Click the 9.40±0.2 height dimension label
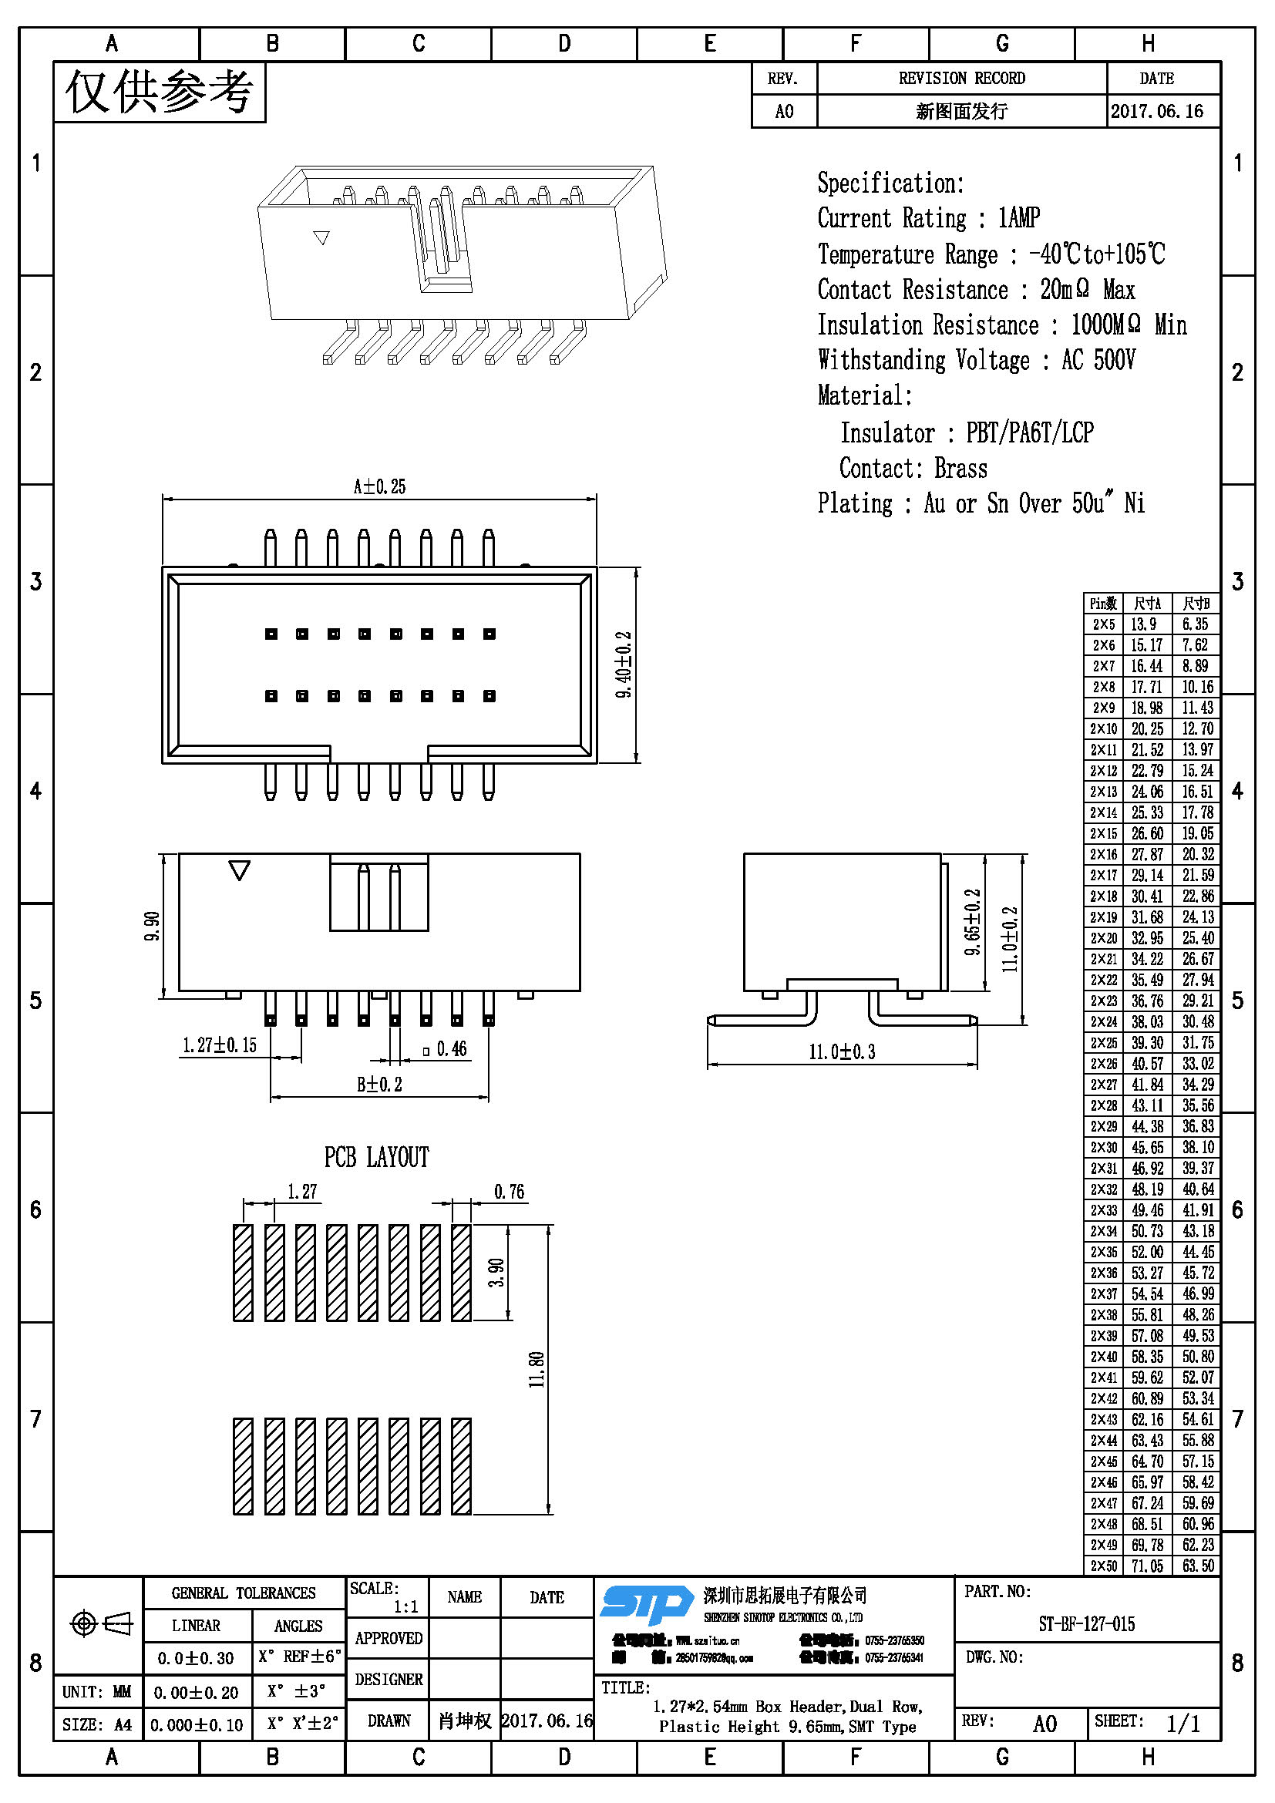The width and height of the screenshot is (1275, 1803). click(x=624, y=664)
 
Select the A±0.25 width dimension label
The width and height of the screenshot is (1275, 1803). click(x=379, y=487)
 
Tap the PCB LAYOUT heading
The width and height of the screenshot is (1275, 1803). click(x=377, y=1158)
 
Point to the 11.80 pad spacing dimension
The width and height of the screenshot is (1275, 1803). click(x=537, y=1370)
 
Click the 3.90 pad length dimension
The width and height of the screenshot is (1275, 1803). click(x=496, y=1272)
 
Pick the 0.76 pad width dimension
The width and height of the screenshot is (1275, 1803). click(x=509, y=1192)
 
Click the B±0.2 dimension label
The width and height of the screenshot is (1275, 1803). click(x=379, y=1085)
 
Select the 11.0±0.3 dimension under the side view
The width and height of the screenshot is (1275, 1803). click(x=842, y=1052)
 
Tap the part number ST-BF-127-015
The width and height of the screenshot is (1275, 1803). click(x=1087, y=1624)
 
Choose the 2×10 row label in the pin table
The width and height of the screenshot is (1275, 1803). click(x=1103, y=728)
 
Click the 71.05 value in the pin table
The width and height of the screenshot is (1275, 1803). click(x=1147, y=1566)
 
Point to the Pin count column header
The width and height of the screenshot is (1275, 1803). click(x=1103, y=603)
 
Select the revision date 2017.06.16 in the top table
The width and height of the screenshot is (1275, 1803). click(x=1156, y=112)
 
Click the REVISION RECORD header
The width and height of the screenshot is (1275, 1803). click(x=962, y=79)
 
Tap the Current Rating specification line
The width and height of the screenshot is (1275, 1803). click(x=929, y=218)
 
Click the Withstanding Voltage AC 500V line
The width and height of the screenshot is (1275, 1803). click(x=977, y=361)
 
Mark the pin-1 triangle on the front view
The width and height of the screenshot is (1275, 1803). click(x=240, y=870)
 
